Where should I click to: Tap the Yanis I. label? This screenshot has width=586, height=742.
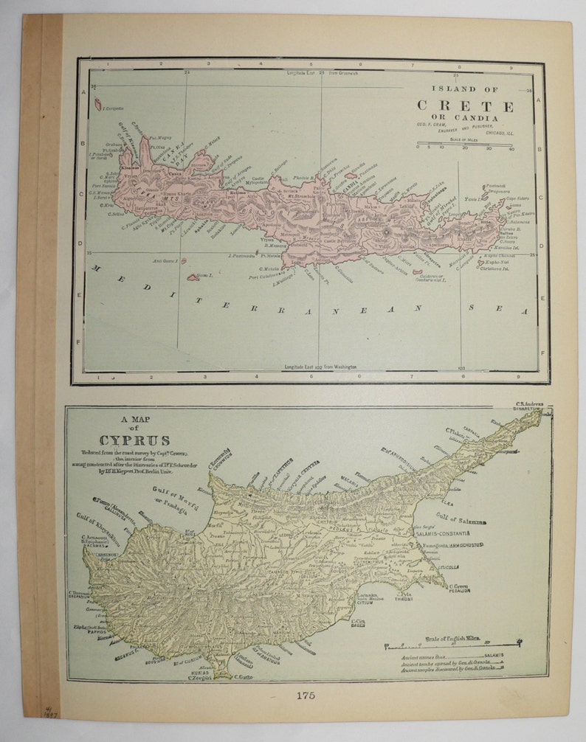471,199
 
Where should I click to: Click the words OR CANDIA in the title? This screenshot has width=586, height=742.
470,118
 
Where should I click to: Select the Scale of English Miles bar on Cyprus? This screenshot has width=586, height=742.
452,645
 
